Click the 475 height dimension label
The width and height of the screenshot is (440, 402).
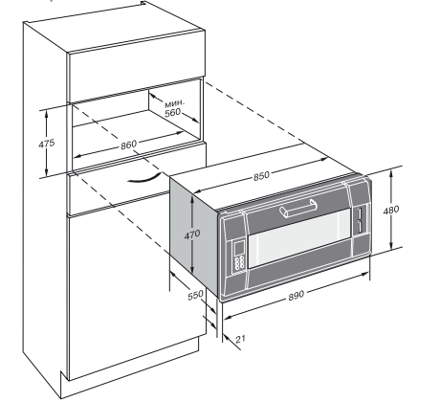pos(47,144)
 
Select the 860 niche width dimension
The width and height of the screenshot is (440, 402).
pos(128,145)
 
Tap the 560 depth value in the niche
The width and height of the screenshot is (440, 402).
pos(172,112)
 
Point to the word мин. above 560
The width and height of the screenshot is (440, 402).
pos(174,103)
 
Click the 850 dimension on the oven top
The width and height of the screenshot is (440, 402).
pos(261,176)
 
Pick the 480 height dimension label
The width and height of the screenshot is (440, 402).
pos(391,211)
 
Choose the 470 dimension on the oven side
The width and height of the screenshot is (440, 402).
pos(192,234)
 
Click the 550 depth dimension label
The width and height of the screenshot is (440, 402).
pos(195,295)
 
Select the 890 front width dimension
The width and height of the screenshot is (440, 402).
pos(297,296)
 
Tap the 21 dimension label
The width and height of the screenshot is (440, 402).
pos(240,339)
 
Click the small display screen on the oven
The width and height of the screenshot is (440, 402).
pos(239,248)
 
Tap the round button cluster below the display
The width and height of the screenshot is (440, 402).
pos(239,262)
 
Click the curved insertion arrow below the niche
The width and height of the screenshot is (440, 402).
pos(143,180)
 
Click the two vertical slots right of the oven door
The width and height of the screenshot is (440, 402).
pos(360,219)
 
